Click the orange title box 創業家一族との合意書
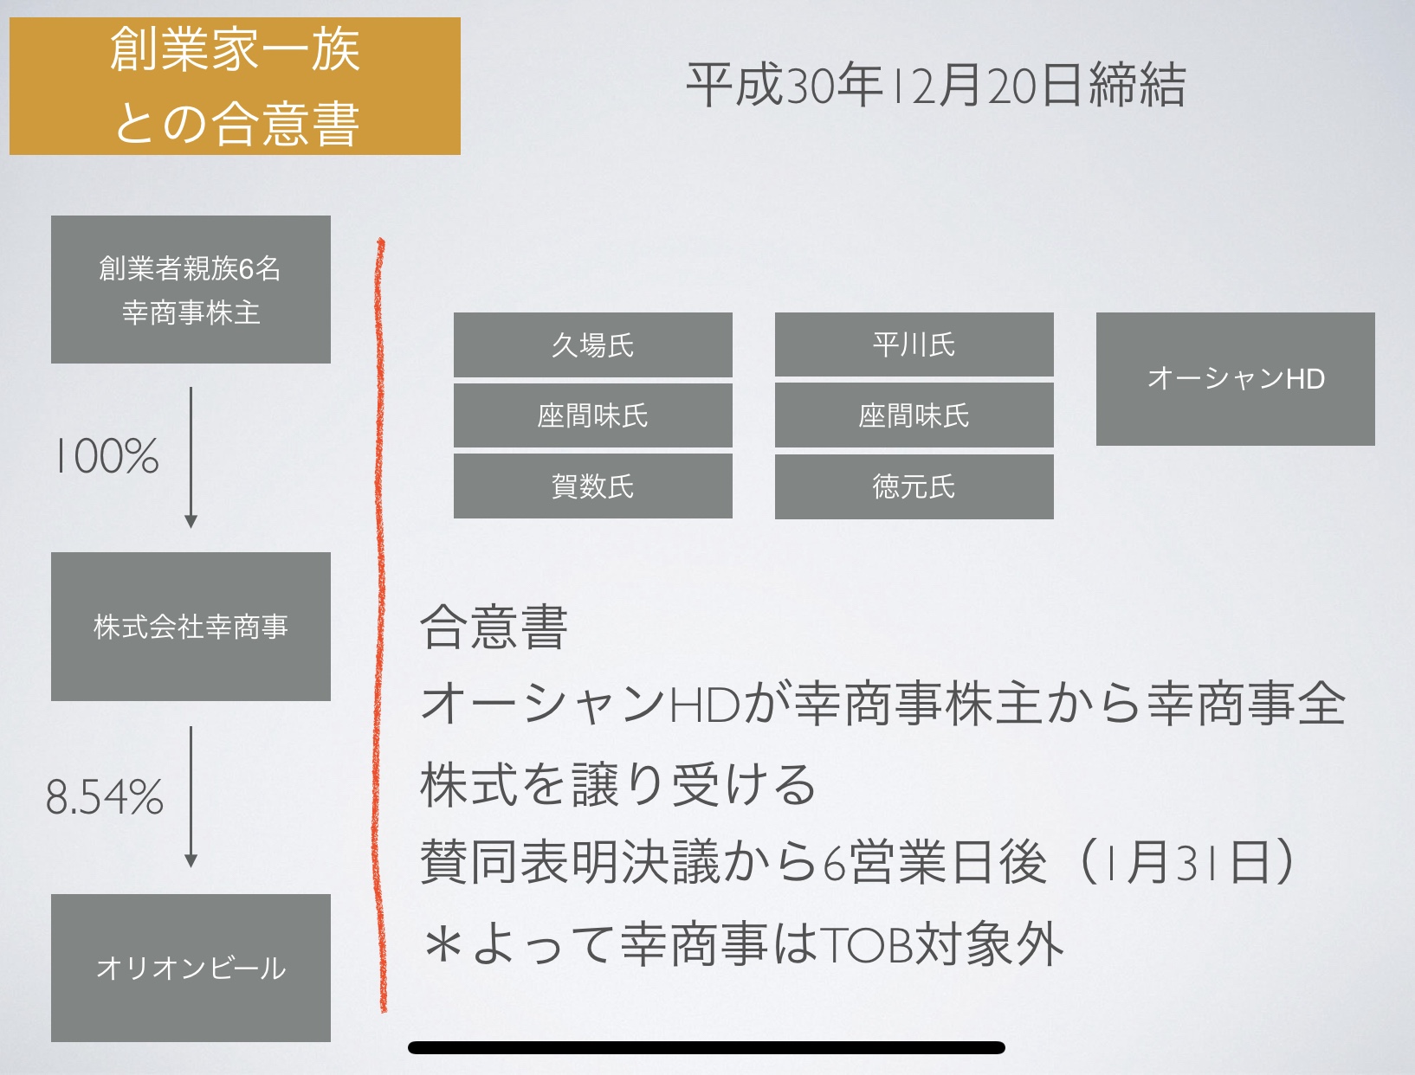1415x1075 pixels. point(235,86)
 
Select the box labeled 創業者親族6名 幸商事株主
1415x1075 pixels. point(191,289)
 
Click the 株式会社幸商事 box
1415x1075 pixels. point(191,626)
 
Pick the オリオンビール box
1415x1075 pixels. point(191,968)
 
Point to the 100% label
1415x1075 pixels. point(107,456)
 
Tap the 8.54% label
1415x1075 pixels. point(105,797)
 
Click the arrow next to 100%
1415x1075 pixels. point(191,457)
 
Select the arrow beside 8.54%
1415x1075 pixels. point(191,797)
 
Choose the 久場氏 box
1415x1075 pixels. point(593,344)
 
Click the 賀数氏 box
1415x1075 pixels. point(593,486)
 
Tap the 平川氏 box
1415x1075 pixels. point(914,344)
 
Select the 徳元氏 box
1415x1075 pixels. point(914,486)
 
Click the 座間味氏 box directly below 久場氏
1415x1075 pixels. point(593,415)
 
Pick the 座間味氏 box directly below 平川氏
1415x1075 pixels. point(914,415)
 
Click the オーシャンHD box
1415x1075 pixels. point(1236,379)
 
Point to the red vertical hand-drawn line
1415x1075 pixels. point(379,625)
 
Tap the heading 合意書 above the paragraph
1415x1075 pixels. point(494,627)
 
